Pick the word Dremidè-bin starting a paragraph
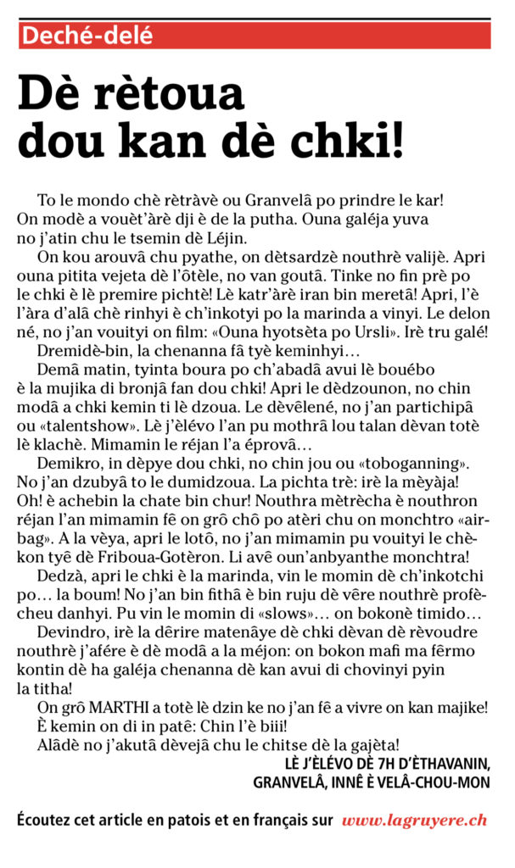click(x=83, y=351)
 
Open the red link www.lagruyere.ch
click(x=414, y=821)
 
